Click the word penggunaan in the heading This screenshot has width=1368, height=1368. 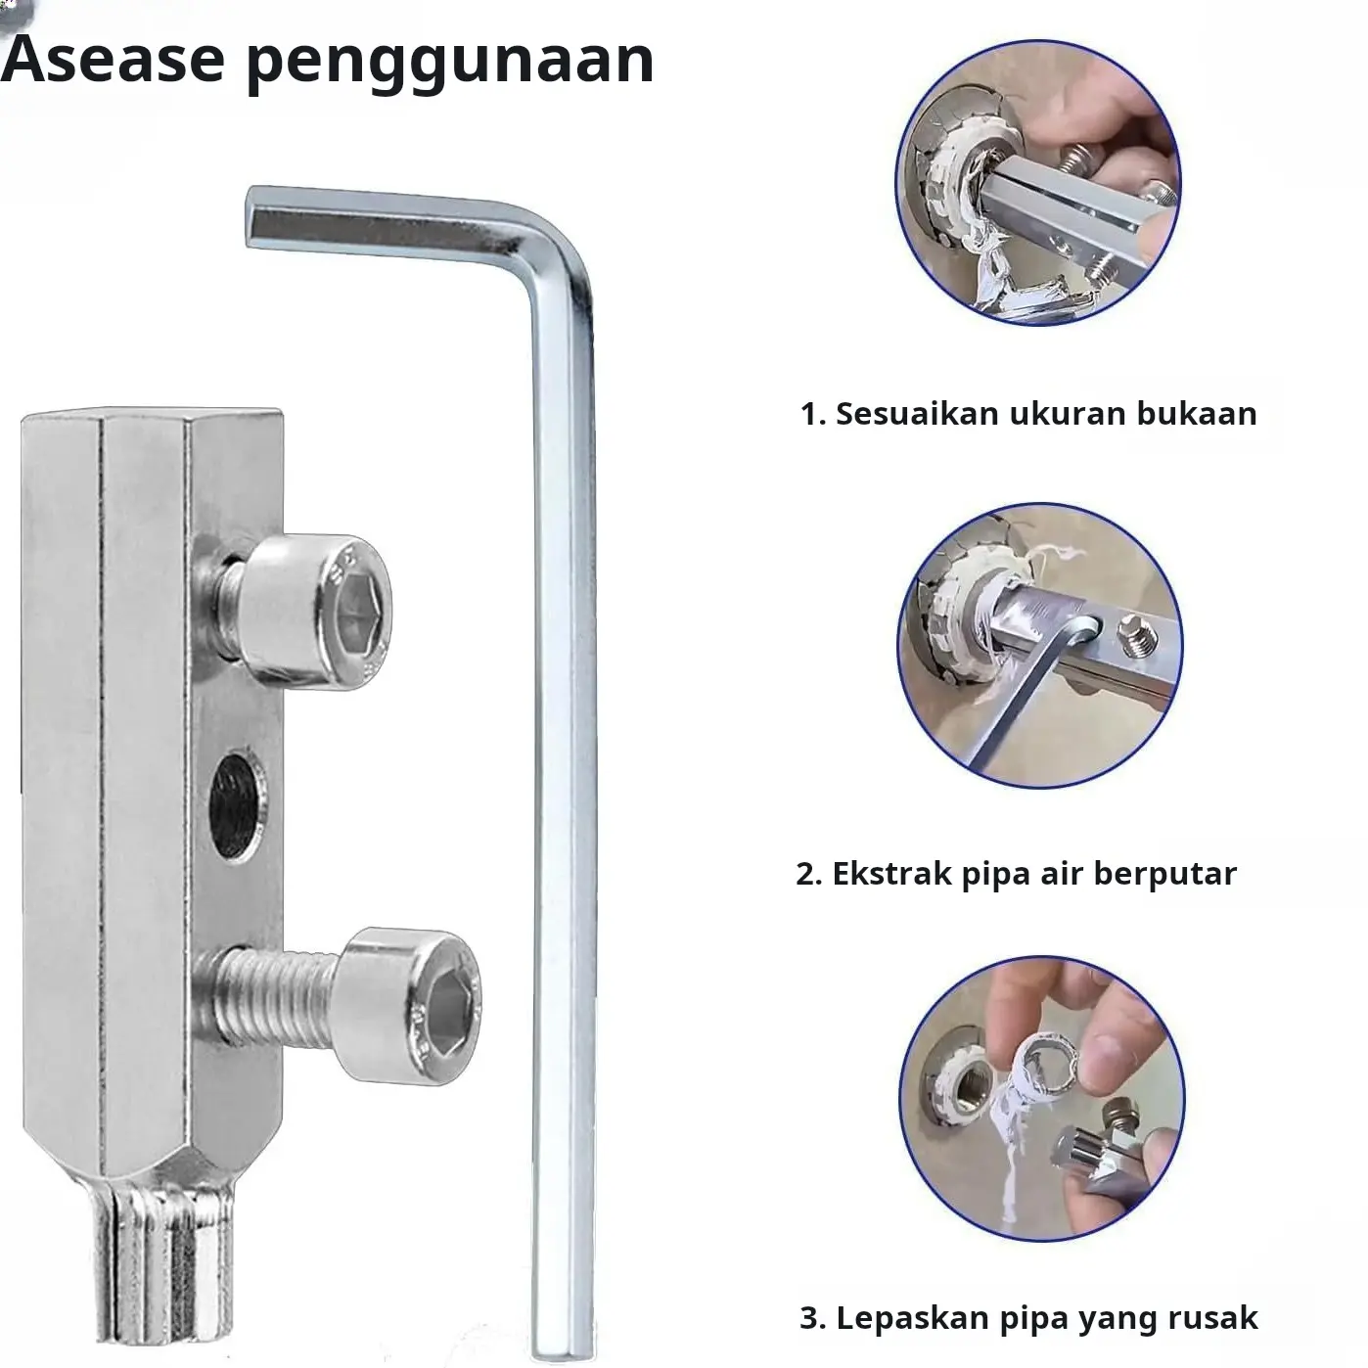[450, 64]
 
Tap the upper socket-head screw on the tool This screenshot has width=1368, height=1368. [305, 612]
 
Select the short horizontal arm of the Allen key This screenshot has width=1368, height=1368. [384, 221]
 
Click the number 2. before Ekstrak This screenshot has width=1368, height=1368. [808, 874]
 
